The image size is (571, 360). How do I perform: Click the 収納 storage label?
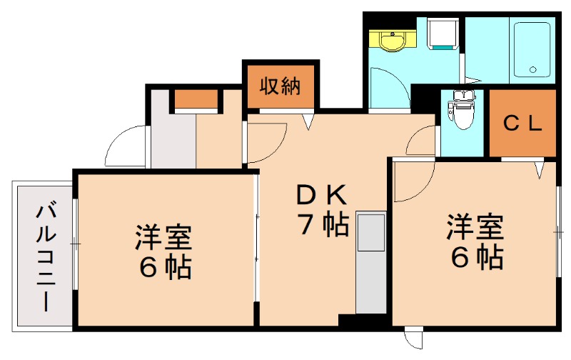280,86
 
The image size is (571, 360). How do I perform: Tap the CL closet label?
523,124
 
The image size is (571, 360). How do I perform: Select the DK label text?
322,195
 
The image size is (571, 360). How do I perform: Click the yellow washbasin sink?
392,40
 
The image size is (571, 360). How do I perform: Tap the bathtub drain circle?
532,69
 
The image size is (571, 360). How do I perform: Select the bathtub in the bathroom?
532,49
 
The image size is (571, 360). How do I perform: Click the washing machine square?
443,33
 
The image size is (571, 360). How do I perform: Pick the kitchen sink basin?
371,232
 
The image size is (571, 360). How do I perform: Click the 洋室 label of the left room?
163,238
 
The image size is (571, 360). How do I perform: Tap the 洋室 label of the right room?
475,227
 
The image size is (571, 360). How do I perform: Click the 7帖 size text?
323,224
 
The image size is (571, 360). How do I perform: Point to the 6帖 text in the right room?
477,258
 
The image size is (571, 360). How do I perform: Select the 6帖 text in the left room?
165,268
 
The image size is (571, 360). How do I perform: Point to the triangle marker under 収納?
308,121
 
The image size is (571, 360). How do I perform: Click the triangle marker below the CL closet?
540,170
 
